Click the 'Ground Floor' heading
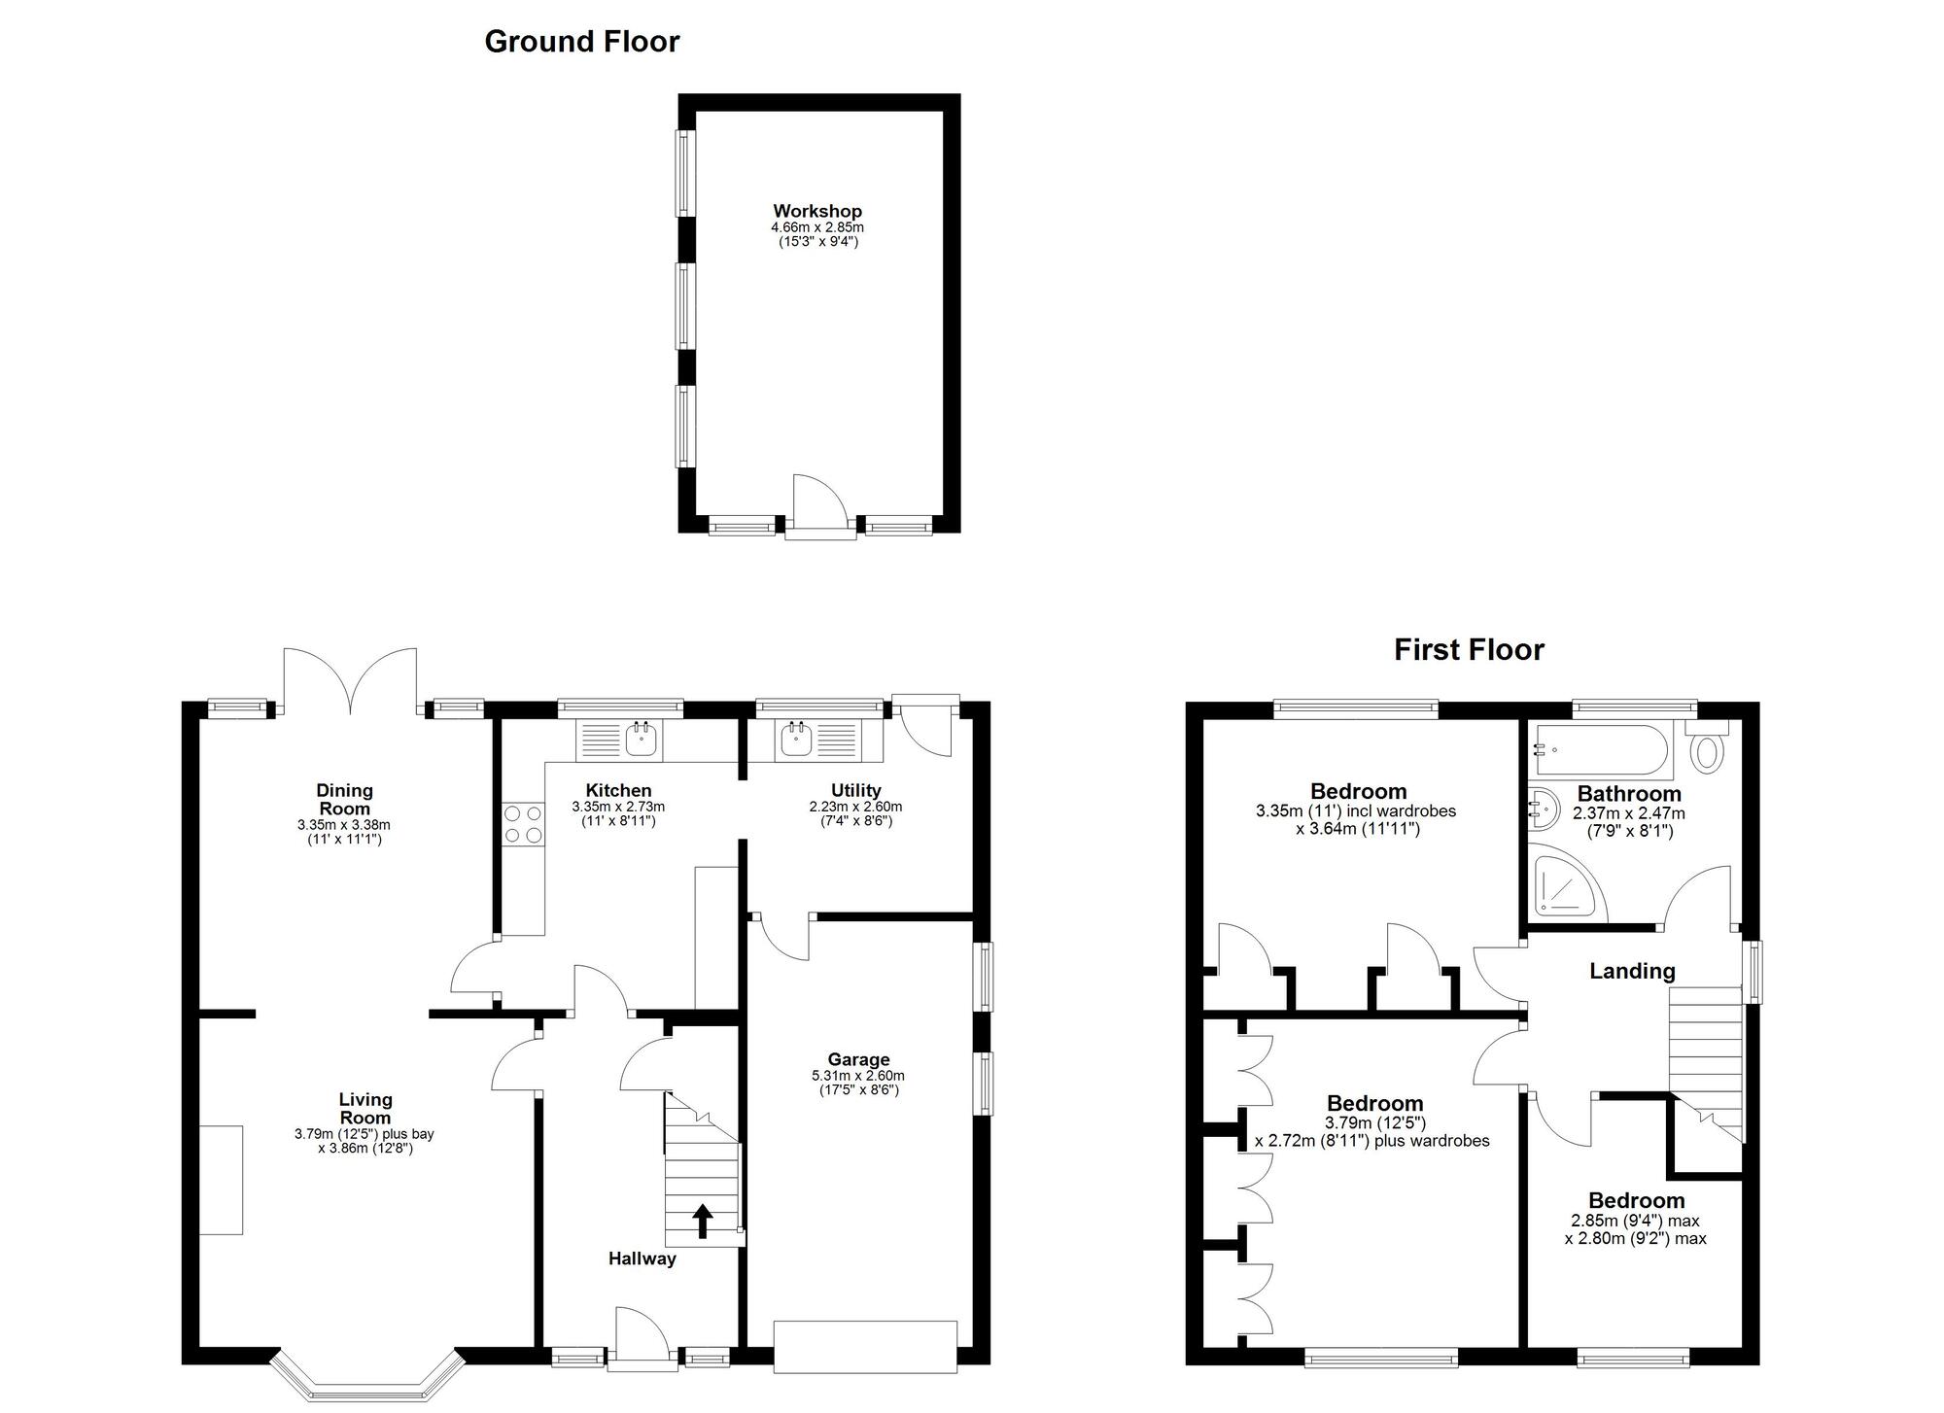point(581,41)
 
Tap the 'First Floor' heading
point(1469,649)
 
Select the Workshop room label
point(817,211)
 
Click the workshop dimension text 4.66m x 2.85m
point(817,227)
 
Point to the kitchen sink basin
point(642,741)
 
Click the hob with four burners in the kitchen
point(524,825)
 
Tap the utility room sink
point(796,741)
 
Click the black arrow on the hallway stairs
point(702,1222)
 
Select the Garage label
point(858,1059)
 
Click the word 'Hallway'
point(642,1258)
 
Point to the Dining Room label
point(344,799)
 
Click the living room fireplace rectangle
point(221,1180)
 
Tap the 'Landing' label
point(1632,971)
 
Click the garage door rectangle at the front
point(865,1346)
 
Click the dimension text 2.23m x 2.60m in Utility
point(855,807)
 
